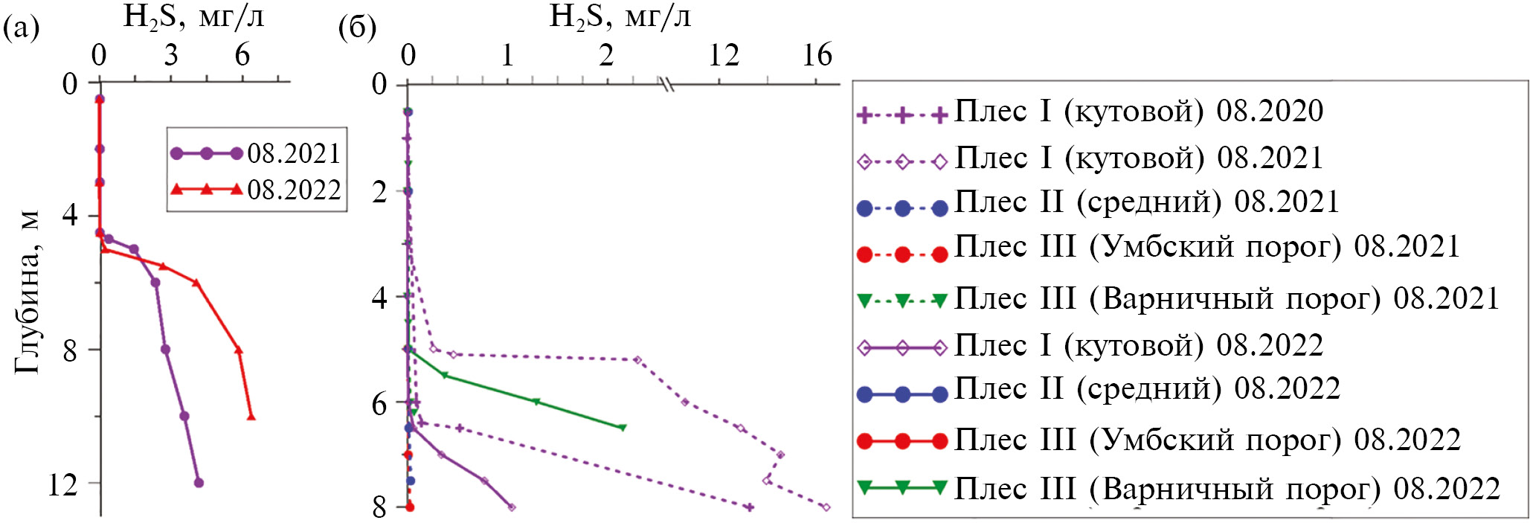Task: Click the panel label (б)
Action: [357, 28]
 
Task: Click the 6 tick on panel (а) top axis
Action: [242, 55]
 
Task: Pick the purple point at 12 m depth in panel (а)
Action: [199, 483]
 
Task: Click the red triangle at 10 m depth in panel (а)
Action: [251, 416]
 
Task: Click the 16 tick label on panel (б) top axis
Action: [817, 55]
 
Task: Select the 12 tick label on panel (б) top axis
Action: [723, 55]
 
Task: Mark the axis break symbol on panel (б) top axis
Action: [667, 85]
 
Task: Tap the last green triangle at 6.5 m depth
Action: [623, 427]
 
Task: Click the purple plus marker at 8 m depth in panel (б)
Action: [749, 507]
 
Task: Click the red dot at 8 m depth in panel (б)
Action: [410, 507]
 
